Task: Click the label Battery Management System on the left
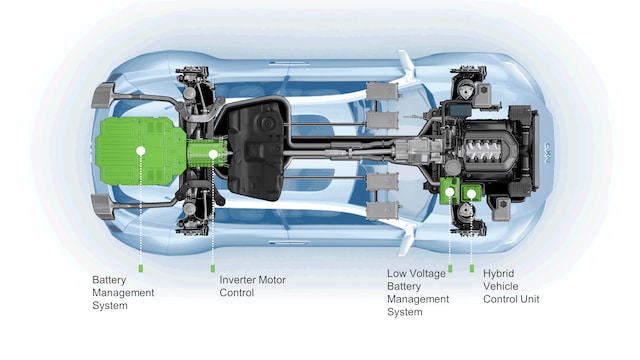(x=123, y=293)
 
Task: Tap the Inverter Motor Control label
(x=252, y=286)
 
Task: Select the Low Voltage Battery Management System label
(x=418, y=293)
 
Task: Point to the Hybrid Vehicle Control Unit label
(x=511, y=286)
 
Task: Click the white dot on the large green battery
(x=141, y=151)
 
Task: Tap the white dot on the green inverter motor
(x=213, y=154)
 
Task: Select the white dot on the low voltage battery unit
(x=450, y=191)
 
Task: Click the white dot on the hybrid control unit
(x=471, y=194)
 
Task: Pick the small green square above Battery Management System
(x=141, y=268)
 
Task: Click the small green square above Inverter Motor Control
(x=213, y=268)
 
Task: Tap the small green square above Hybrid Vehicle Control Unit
(x=472, y=268)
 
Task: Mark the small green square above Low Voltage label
(x=450, y=268)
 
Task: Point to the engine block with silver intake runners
(x=486, y=150)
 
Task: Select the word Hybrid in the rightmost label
(x=498, y=273)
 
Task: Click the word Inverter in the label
(x=235, y=280)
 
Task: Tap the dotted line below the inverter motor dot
(x=213, y=211)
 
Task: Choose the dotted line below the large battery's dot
(x=141, y=210)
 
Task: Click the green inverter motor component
(x=207, y=153)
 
